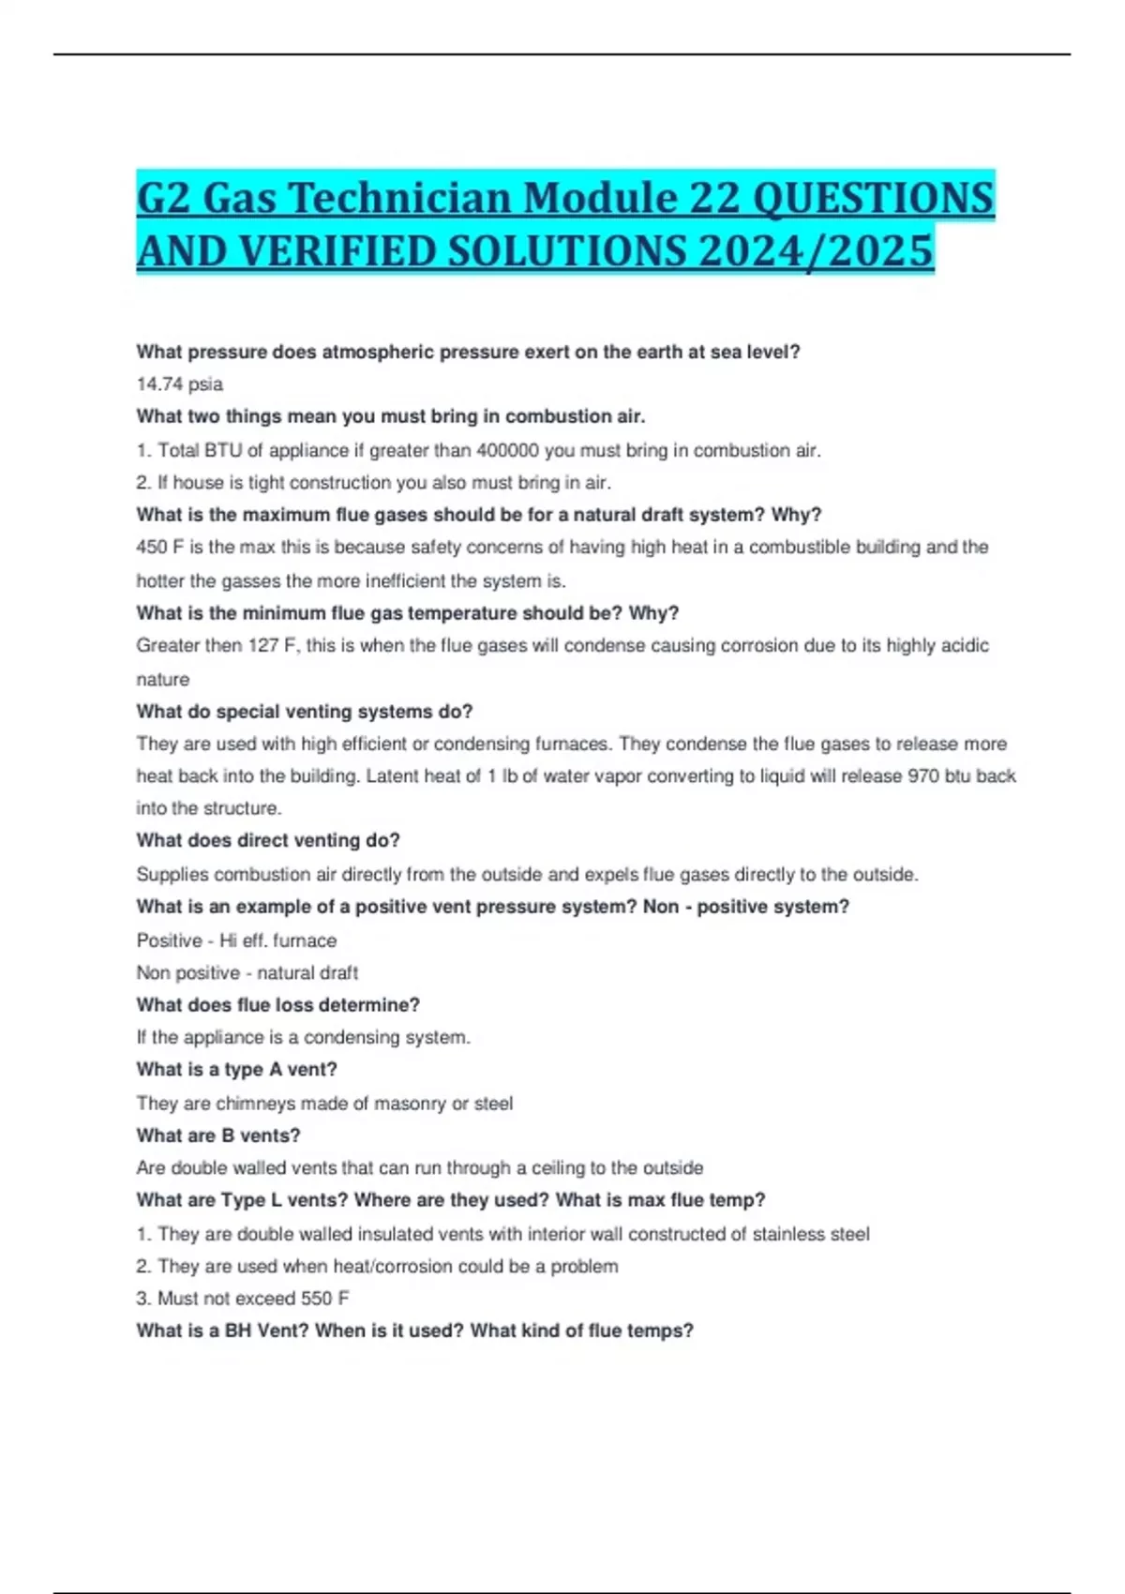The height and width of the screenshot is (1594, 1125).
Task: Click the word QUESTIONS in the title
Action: pos(873,198)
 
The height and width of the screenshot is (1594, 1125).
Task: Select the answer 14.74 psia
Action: pos(179,384)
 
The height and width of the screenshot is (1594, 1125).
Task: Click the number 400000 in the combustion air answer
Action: pos(507,451)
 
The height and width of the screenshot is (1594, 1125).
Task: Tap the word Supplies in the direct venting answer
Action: pos(172,875)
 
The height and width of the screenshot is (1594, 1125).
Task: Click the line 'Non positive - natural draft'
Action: pos(247,973)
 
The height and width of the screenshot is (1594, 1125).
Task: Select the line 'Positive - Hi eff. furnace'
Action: pos(236,940)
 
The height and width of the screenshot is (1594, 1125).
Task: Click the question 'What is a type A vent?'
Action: pos(236,1070)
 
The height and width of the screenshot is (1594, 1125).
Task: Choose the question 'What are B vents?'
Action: pos(217,1135)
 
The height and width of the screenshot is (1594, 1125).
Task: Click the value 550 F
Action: pos(324,1299)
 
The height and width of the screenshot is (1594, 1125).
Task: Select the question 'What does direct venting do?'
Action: pos(267,841)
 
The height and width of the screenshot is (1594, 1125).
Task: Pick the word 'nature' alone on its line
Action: pos(162,680)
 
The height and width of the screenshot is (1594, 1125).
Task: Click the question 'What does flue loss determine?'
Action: pos(277,1005)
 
